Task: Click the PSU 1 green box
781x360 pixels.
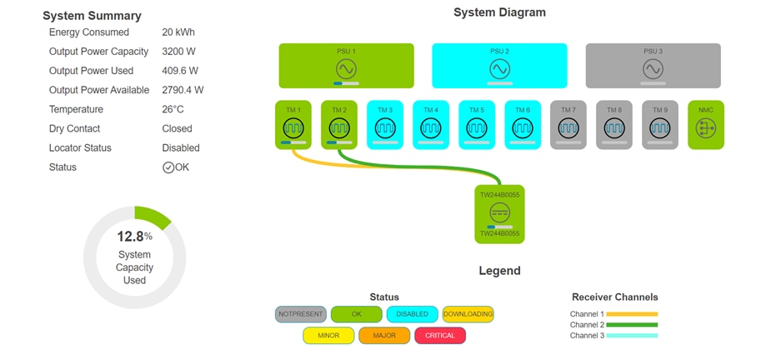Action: point(346,66)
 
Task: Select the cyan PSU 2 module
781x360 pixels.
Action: point(499,66)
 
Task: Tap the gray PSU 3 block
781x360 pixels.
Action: point(653,66)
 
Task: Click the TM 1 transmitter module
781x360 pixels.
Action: point(293,125)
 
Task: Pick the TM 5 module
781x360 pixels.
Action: point(477,125)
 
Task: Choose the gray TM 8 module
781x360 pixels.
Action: point(614,125)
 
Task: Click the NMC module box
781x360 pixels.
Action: point(706,125)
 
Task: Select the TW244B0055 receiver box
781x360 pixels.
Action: point(499,214)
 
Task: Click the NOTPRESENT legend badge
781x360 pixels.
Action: point(301,314)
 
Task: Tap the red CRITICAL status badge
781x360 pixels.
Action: point(440,336)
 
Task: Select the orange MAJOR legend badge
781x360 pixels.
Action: point(384,336)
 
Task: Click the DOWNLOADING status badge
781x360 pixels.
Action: point(468,314)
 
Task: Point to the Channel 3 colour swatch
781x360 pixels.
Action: point(633,336)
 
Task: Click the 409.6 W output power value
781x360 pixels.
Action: point(180,71)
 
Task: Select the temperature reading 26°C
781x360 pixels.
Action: point(173,109)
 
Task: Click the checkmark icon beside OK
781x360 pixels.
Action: point(168,167)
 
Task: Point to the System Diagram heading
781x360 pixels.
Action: point(499,12)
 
